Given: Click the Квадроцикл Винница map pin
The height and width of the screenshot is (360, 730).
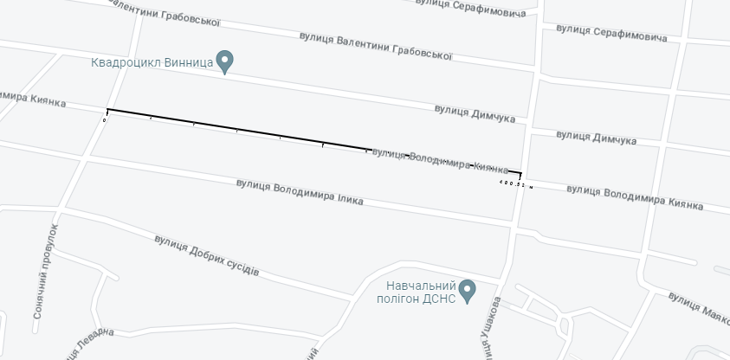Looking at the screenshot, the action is [x=225, y=62].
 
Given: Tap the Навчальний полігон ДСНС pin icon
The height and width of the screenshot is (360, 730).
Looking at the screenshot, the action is [x=467, y=290].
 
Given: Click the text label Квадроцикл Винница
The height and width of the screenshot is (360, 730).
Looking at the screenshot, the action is [x=152, y=63].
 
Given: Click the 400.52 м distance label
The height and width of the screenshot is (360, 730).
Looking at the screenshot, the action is [x=516, y=183].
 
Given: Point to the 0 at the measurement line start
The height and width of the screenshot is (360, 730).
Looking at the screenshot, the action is [x=104, y=120].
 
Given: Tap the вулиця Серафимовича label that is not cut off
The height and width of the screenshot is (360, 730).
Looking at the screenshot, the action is [x=611, y=35].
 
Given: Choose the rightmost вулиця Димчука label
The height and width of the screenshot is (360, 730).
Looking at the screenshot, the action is [x=597, y=138].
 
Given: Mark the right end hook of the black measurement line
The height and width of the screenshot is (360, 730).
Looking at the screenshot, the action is [x=520, y=175].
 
